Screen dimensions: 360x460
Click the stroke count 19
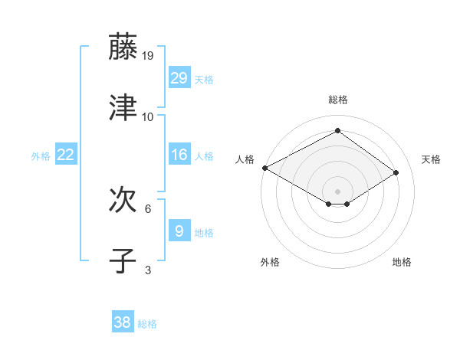click(149, 56)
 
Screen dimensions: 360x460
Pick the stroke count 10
click(148, 117)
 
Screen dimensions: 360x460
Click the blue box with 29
click(179, 78)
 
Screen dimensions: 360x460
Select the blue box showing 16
click(179, 155)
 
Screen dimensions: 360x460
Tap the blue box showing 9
click(179, 231)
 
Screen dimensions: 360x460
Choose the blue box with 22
click(66, 155)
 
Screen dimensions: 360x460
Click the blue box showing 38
click(123, 323)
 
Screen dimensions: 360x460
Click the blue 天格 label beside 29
click(203, 80)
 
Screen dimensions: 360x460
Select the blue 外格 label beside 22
click(41, 156)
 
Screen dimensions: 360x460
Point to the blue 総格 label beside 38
click(147, 324)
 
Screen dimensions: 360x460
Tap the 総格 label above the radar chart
click(337, 100)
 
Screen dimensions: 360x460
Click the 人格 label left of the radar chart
click(245, 159)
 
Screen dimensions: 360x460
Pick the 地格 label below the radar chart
click(402, 262)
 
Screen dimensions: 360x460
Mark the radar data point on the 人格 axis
click(264, 168)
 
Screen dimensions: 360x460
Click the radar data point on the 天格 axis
click(396, 173)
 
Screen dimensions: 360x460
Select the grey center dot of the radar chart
click(337, 191)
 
